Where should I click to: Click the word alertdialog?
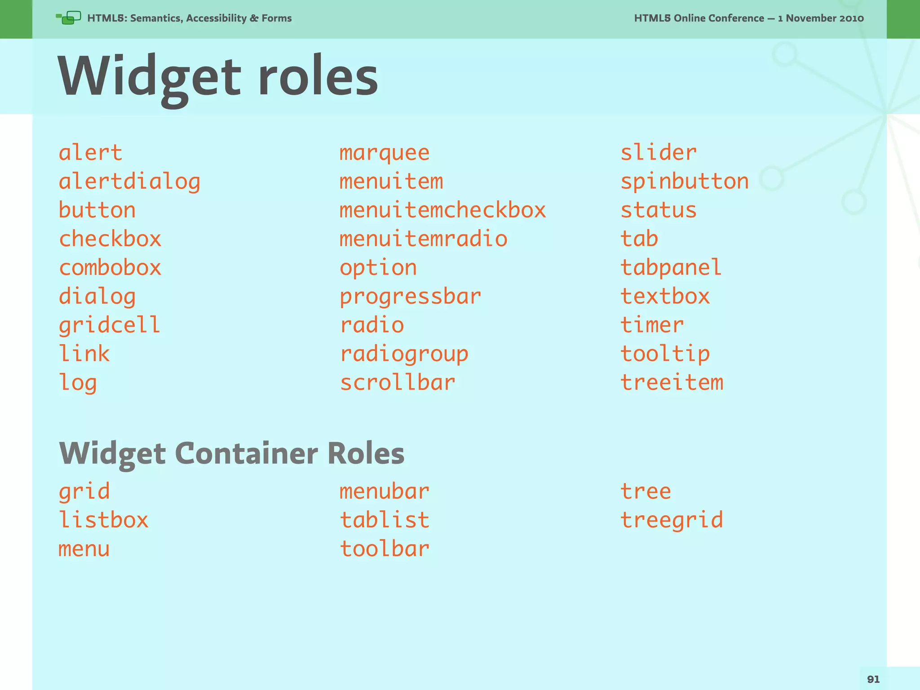point(129,182)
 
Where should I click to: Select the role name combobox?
point(110,268)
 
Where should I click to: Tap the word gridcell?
point(110,325)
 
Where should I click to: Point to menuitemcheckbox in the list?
point(442,210)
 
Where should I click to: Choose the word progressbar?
point(410,296)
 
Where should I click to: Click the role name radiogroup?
point(404,354)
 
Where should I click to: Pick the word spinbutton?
point(685,181)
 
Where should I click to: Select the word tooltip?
point(665,354)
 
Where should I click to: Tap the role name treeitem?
point(672,383)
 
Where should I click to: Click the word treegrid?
point(672,520)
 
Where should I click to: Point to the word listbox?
point(103,520)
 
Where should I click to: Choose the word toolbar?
point(385,549)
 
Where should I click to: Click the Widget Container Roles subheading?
point(231,454)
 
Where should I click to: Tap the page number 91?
point(873,679)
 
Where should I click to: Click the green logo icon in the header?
point(68,18)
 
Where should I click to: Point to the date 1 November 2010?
point(821,18)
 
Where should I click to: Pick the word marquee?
point(385,153)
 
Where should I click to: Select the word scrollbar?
point(398,383)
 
